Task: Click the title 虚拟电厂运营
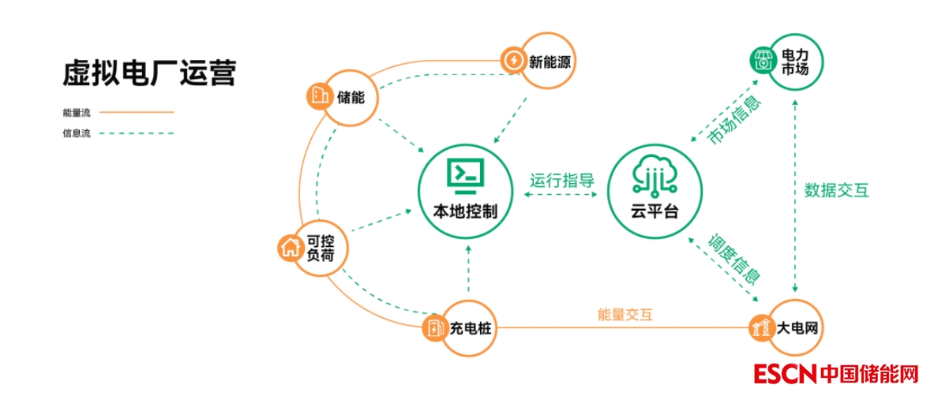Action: [149, 73]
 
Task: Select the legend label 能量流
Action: [77, 113]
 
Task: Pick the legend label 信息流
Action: [77, 133]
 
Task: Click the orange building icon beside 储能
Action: [318, 96]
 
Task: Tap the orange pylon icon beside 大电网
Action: [760, 326]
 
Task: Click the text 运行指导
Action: [562, 180]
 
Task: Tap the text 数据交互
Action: [836, 190]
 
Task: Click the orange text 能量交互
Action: [625, 315]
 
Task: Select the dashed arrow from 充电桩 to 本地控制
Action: [468, 272]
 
